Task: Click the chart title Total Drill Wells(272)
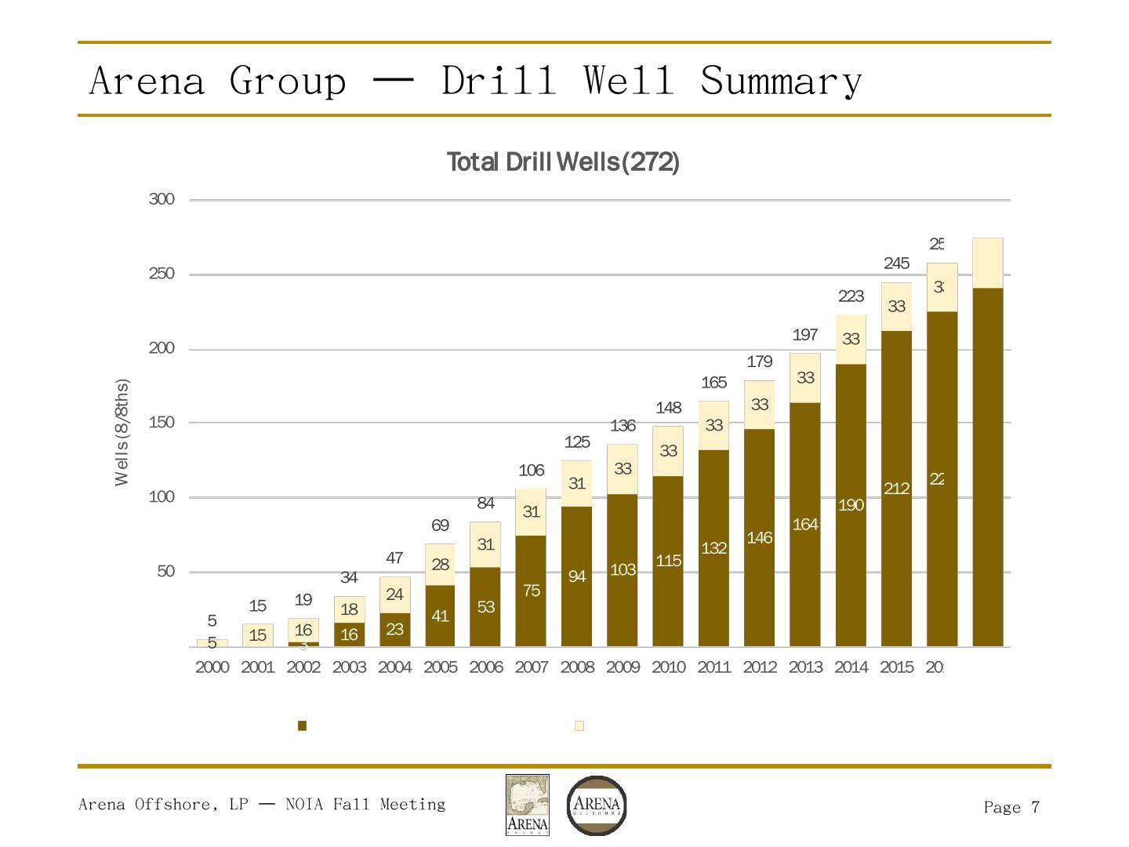[563, 162]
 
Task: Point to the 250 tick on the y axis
[162, 274]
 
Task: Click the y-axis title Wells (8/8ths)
[122, 433]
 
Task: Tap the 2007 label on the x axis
[532, 667]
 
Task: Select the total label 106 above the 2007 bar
[532, 471]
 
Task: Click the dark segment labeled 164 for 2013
[805, 525]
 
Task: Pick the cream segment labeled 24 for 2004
[394, 595]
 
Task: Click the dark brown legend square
[302, 726]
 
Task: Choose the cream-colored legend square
[579, 726]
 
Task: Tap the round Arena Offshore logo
[597, 805]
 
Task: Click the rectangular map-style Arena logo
[527, 805]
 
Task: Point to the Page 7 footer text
[1011, 808]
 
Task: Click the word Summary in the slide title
[781, 81]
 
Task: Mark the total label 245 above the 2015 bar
[896, 264]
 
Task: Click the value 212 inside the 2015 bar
[896, 489]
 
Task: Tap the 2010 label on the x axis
[668, 667]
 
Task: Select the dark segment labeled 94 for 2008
[577, 576]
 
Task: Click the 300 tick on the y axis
[162, 200]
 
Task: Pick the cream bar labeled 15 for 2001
[257, 635]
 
